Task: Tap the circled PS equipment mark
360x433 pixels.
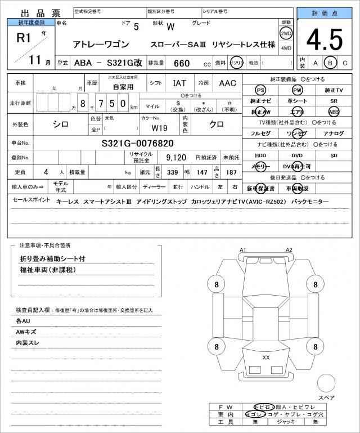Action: (x=260, y=90)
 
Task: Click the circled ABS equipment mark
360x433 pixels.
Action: (x=334, y=111)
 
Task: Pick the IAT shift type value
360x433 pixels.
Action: (x=179, y=83)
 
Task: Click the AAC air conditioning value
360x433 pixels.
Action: (x=228, y=83)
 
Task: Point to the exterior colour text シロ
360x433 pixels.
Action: (x=61, y=124)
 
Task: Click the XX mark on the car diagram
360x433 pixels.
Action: (x=266, y=357)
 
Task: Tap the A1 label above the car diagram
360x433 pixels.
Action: (x=243, y=249)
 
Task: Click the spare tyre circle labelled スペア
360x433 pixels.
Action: (x=326, y=384)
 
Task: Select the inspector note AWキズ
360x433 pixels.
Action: (x=26, y=332)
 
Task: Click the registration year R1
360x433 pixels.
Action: (x=24, y=38)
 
